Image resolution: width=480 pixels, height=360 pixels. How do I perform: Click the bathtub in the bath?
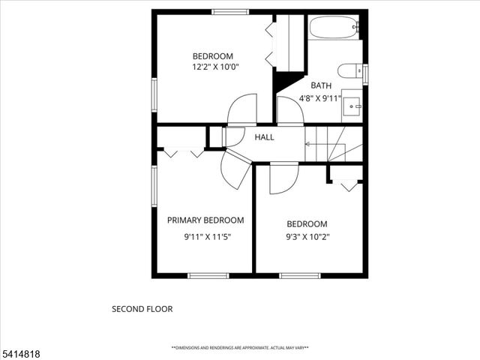click(334, 28)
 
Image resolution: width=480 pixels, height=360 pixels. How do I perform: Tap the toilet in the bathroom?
click(348, 71)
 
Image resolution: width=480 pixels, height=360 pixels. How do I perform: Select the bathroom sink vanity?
click(351, 106)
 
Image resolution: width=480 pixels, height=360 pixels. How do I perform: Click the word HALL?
click(264, 137)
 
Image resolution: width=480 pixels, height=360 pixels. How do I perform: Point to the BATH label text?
click(321, 85)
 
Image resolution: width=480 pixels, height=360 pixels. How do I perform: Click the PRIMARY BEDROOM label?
click(205, 220)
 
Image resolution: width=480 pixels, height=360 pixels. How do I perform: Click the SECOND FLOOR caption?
click(142, 308)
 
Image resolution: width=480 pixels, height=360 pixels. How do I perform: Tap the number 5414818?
click(21, 351)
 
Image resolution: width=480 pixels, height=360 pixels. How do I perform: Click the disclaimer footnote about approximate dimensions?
click(240, 348)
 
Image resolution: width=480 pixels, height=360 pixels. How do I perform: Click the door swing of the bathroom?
click(289, 111)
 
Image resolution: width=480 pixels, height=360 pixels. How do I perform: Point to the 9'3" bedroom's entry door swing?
click(283, 178)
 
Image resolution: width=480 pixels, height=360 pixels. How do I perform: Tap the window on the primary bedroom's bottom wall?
click(208, 276)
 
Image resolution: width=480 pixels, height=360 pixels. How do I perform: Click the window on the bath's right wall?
click(365, 74)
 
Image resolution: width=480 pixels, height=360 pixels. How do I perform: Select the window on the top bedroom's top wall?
click(229, 11)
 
